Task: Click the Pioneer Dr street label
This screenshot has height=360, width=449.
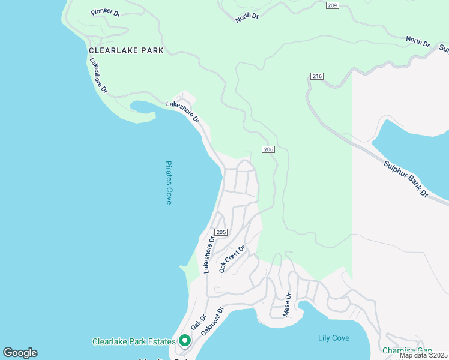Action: click(x=106, y=12)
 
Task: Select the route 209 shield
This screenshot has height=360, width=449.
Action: click(x=333, y=5)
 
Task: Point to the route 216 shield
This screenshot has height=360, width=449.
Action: click(x=317, y=76)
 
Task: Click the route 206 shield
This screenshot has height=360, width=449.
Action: click(x=268, y=149)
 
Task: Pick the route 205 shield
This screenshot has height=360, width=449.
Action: click(x=220, y=232)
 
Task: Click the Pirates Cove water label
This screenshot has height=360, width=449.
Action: click(x=169, y=182)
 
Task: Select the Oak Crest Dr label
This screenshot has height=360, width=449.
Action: click(x=232, y=259)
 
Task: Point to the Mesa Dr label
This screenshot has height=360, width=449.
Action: click(x=287, y=304)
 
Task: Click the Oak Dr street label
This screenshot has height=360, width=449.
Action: click(x=199, y=321)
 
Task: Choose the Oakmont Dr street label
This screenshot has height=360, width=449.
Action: click(x=212, y=322)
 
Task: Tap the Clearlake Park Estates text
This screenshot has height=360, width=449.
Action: click(x=134, y=341)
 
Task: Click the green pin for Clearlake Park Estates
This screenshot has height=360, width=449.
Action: click(x=184, y=341)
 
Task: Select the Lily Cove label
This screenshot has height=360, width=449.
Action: click(x=333, y=338)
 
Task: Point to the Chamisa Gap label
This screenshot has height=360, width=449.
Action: click(x=407, y=350)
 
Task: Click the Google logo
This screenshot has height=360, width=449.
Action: click(x=20, y=353)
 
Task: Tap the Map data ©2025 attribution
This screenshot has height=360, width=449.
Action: click(x=424, y=355)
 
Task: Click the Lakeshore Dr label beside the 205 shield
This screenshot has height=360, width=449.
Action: click(x=209, y=255)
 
